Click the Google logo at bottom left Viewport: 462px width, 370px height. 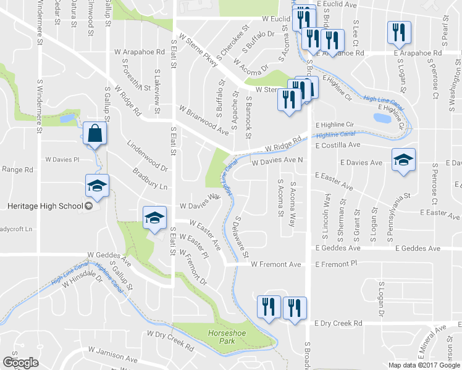(20, 362)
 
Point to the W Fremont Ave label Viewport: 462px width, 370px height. (275, 265)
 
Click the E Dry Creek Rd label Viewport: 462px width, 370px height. (338, 323)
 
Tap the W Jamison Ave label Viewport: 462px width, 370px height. (112, 355)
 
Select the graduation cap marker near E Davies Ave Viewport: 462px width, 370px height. (403, 161)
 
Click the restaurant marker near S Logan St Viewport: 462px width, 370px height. (398, 31)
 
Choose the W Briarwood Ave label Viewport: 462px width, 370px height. (204, 120)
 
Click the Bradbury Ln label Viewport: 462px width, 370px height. (151, 179)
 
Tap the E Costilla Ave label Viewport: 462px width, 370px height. (337, 146)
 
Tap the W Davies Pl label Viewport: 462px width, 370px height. (62, 159)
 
